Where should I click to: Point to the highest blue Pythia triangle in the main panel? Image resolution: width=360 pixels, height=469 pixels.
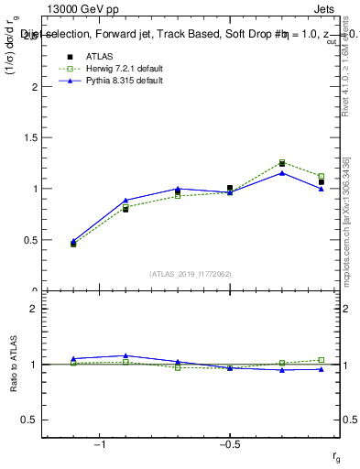282,172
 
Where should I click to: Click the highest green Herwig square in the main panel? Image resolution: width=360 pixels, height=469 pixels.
282,162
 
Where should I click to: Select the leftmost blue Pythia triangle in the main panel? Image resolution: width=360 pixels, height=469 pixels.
73,241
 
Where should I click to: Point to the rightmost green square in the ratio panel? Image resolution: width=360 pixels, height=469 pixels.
322,360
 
